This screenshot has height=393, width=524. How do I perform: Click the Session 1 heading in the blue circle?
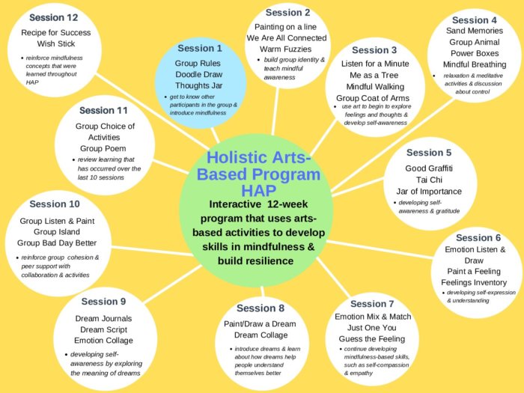[200, 49]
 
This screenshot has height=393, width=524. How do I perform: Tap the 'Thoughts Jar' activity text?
[199, 85]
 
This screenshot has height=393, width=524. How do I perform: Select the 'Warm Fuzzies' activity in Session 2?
[286, 49]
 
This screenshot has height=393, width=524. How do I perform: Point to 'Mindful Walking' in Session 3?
[375, 87]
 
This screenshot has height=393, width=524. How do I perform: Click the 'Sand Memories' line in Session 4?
[475, 31]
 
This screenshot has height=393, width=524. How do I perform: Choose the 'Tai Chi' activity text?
[429, 180]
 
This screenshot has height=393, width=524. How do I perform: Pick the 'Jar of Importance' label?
[429, 192]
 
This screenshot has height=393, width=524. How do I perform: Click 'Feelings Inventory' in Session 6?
[474, 282]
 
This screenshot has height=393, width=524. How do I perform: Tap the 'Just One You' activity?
[372, 328]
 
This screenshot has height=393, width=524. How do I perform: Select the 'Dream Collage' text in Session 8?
[261, 335]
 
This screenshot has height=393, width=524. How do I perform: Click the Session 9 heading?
[103, 302]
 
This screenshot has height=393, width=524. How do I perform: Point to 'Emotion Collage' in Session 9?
[103, 341]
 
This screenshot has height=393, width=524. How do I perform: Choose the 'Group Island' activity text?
[57, 232]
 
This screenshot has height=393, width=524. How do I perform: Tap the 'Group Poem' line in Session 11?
[103, 148]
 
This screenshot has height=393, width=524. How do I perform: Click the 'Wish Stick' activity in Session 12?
[56, 43]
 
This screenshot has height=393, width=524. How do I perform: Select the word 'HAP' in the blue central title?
[259, 191]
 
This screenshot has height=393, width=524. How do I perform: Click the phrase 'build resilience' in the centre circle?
[256, 261]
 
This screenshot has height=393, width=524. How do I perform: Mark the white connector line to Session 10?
[153, 252]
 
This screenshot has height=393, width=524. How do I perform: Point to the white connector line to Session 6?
[380, 249]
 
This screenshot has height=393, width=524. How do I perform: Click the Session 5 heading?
[429, 153]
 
